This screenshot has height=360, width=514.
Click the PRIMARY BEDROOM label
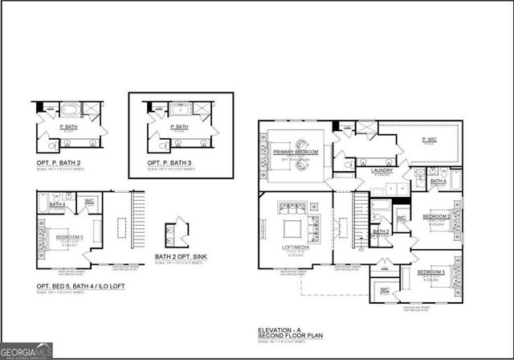[296, 152]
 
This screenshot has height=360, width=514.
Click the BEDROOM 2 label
[436, 216]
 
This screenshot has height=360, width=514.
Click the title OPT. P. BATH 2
[57, 163]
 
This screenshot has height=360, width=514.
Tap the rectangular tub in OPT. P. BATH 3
[176, 108]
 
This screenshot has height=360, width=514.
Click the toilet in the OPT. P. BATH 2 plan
[50, 146]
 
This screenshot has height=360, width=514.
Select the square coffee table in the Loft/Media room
[291, 223]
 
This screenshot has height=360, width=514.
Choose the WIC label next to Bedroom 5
[89, 201]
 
